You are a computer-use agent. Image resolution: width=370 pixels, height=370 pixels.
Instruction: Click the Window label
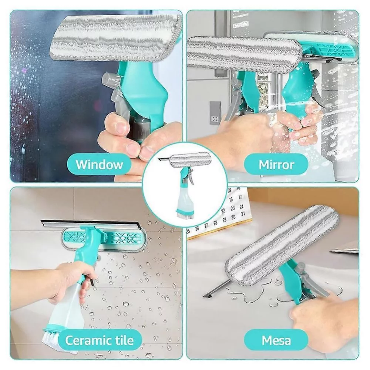click(x=99, y=164)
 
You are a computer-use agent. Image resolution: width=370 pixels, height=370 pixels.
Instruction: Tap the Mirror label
click(x=276, y=164)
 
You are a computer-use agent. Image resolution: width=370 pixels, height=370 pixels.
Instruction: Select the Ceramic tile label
click(x=99, y=340)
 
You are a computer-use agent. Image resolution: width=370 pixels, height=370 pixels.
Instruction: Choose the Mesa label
click(x=276, y=340)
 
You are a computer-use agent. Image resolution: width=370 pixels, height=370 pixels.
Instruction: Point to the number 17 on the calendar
click(x=240, y=197)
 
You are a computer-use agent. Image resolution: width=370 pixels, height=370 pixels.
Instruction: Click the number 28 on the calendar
click(x=215, y=223)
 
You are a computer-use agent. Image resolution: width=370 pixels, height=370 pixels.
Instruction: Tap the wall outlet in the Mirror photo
click(x=215, y=113)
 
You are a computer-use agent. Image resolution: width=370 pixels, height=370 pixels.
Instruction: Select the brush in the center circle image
click(x=184, y=214)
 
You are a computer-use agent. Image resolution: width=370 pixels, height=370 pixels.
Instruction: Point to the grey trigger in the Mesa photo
click(x=314, y=283)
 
